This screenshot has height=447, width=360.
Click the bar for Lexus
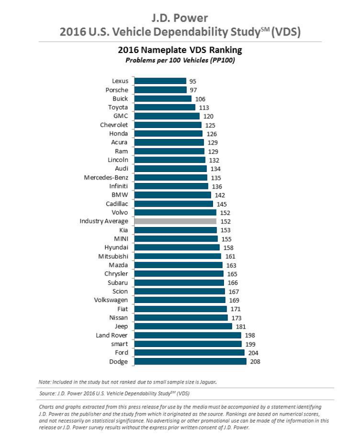tap(160, 81)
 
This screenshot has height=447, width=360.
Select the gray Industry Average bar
tap(175, 221)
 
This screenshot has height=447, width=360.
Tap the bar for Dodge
tap(190, 361)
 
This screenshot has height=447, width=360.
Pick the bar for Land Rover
tap(188, 335)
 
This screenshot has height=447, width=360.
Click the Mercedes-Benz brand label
tap(106, 177)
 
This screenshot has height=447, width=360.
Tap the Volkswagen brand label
tap(111, 300)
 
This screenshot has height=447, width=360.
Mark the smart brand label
tap(119, 344)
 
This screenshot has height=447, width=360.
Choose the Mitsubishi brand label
tap(113, 256)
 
